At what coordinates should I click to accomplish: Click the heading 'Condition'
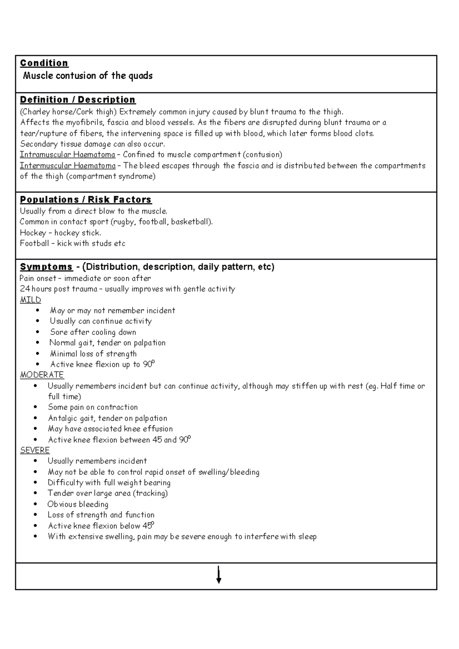(x=44, y=63)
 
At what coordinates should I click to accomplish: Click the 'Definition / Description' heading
(x=78, y=100)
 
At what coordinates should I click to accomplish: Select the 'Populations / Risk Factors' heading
(x=86, y=200)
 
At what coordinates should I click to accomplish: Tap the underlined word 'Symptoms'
(x=46, y=267)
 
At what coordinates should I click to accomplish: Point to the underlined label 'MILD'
(x=30, y=300)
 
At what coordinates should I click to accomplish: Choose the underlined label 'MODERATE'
(x=42, y=375)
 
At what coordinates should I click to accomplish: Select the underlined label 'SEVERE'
(x=35, y=450)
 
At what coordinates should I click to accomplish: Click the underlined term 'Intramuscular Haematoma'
(x=67, y=155)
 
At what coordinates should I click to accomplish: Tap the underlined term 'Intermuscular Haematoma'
(x=68, y=166)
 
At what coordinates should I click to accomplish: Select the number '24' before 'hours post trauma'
(x=24, y=289)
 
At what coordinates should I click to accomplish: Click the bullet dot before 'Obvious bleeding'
(x=36, y=505)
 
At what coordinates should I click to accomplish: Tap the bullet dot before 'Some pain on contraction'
(x=36, y=407)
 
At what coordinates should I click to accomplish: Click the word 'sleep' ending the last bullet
(x=307, y=537)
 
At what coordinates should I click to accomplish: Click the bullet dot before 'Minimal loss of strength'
(x=37, y=354)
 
